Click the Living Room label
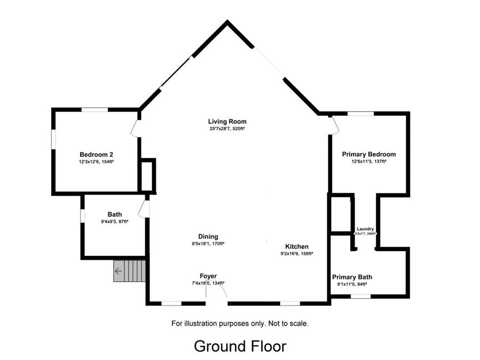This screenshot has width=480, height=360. pyautogui.click(x=227, y=122)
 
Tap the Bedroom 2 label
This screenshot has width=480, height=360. pyautogui.click(x=96, y=155)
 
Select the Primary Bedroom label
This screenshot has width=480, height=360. pyautogui.click(x=369, y=154)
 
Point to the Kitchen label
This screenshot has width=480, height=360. pyautogui.click(x=297, y=246)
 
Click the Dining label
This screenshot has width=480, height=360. pyautogui.click(x=208, y=237)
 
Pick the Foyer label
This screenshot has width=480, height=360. pyautogui.click(x=208, y=276)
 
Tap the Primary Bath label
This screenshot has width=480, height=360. pyautogui.click(x=352, y=277)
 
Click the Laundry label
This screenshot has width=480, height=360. pyautogui.click(x=365, y=229)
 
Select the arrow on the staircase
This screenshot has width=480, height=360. pyautogui.click(x=118, y=271)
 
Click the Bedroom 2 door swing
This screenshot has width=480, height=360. pyautogui.click(x=133, y=129)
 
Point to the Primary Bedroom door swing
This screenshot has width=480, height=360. pyautogui.click(x=336, y=125)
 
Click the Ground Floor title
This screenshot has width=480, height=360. pyautogui.click(x=240, y=346)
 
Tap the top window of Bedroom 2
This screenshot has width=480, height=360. pyautogui.click(x=94, y=109)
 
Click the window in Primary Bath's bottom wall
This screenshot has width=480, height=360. pyautogui.click(x=361, y=297)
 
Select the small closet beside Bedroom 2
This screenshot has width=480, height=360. pyautogui.click(x=147, y=176)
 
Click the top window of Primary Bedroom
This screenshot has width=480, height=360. pyautogui.click(x=361, y=114)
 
